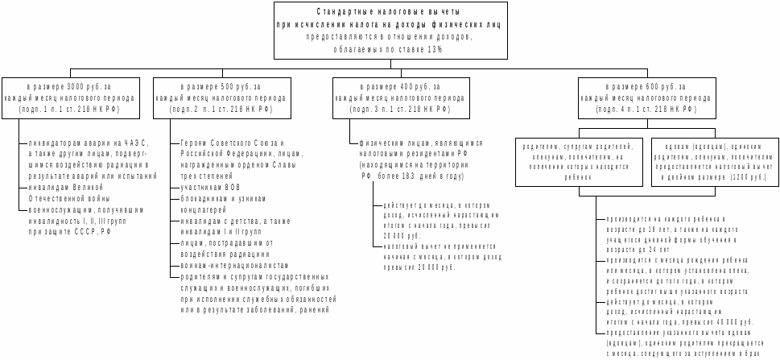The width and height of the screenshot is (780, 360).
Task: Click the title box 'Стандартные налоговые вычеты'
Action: [390, 31]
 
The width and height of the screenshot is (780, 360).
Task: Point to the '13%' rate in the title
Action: [435, 48]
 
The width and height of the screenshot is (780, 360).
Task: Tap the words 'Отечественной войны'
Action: [65, 197]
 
